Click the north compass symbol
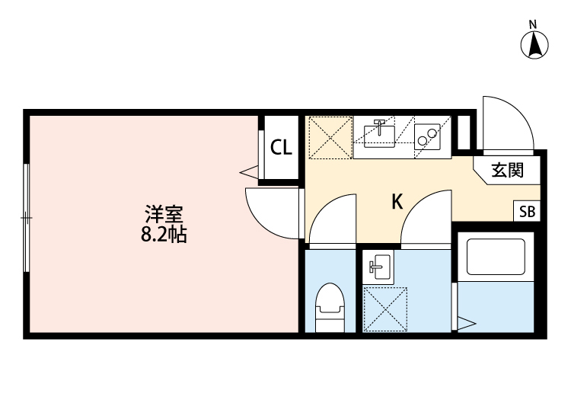[x=535, y=44]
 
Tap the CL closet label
[x=282, y=148]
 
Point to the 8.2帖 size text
[x=164, y=235]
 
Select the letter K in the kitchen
[x=397, y=202]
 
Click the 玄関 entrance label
[x=506, y=171]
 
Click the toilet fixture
[x=330, y=305]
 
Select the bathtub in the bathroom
[x=496, y=257]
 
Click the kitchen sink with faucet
[x=379, y=134]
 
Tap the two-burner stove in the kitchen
[x=427, y=136]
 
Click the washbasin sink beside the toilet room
[x=378, y=267]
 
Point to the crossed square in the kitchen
[x=330, y=137]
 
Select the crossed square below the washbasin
[x=385, y=309]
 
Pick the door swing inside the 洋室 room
[x=270, y=214]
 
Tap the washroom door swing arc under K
[x=427, y=221]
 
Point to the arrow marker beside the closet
[x=248, y=172]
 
